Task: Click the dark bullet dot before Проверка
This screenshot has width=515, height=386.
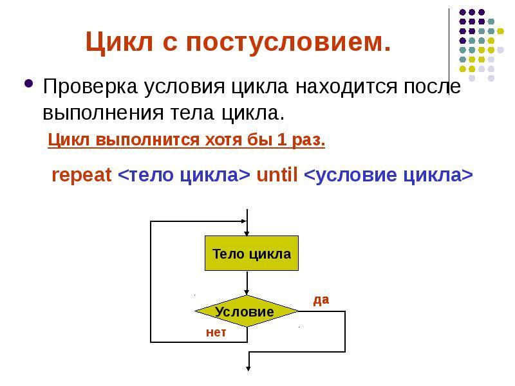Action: [x=28, y=84]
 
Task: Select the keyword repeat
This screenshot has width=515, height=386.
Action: [x=81, y=176]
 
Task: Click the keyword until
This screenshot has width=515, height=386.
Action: [x=277, y=176]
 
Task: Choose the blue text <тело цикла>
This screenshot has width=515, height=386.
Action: [x=184, y=176]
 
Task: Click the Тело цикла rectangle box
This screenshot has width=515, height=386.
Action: [x=251, y=253]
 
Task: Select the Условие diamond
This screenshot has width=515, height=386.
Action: [x=246, y=311]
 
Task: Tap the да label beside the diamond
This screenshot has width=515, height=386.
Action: [x=321, y=299]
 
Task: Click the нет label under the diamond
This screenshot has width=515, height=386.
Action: [x=216, y=333]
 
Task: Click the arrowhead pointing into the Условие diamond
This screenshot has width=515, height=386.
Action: [x=247, y=291]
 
